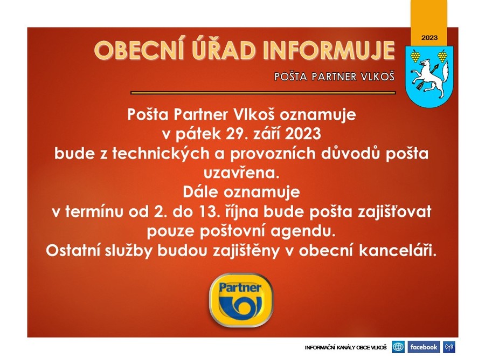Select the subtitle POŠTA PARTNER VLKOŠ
334,76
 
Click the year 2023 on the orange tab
429,38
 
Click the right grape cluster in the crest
442,56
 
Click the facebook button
424,347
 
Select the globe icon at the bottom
398,347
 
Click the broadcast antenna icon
449,347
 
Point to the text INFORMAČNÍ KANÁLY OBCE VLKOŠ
346,347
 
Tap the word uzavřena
241,173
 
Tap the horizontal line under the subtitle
263,93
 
